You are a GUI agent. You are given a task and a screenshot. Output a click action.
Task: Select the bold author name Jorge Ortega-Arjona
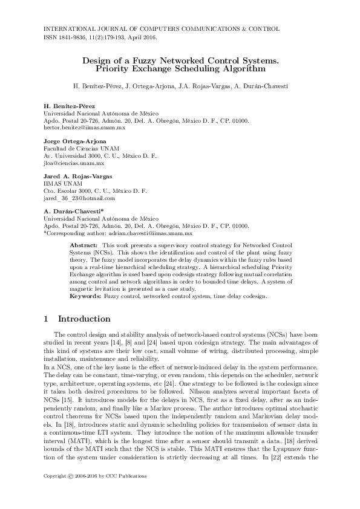click(75, 141)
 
